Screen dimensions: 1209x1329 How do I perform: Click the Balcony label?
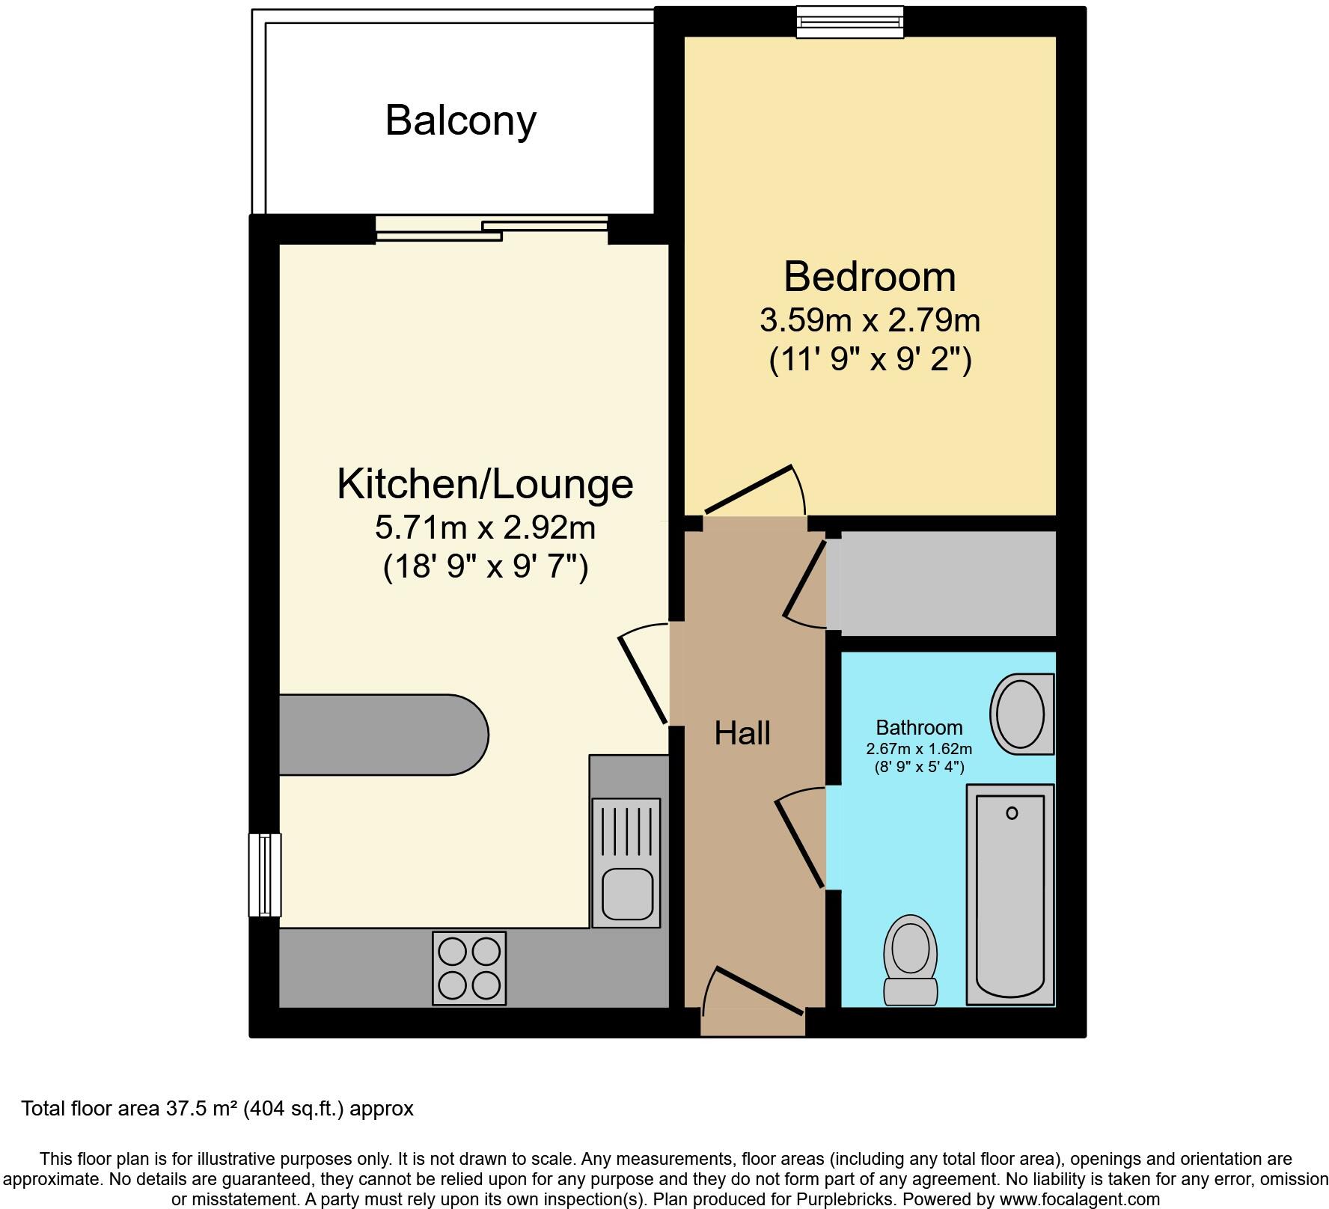460,120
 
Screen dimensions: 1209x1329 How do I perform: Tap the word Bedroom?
870,277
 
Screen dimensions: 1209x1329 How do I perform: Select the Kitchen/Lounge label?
485,484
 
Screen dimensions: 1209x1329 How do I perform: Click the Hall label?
742,733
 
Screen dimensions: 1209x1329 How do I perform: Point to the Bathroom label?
919,727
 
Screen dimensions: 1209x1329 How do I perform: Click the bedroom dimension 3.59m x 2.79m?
870,321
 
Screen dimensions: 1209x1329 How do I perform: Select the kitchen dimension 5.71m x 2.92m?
485,528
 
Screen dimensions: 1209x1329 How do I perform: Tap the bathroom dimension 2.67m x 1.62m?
919,749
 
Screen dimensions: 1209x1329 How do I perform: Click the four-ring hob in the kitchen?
469,967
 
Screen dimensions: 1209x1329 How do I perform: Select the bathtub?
1010,894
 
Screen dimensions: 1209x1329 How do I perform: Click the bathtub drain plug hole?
1012,813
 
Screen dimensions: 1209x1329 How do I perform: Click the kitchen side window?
265,875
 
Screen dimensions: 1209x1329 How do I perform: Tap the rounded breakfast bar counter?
382,735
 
